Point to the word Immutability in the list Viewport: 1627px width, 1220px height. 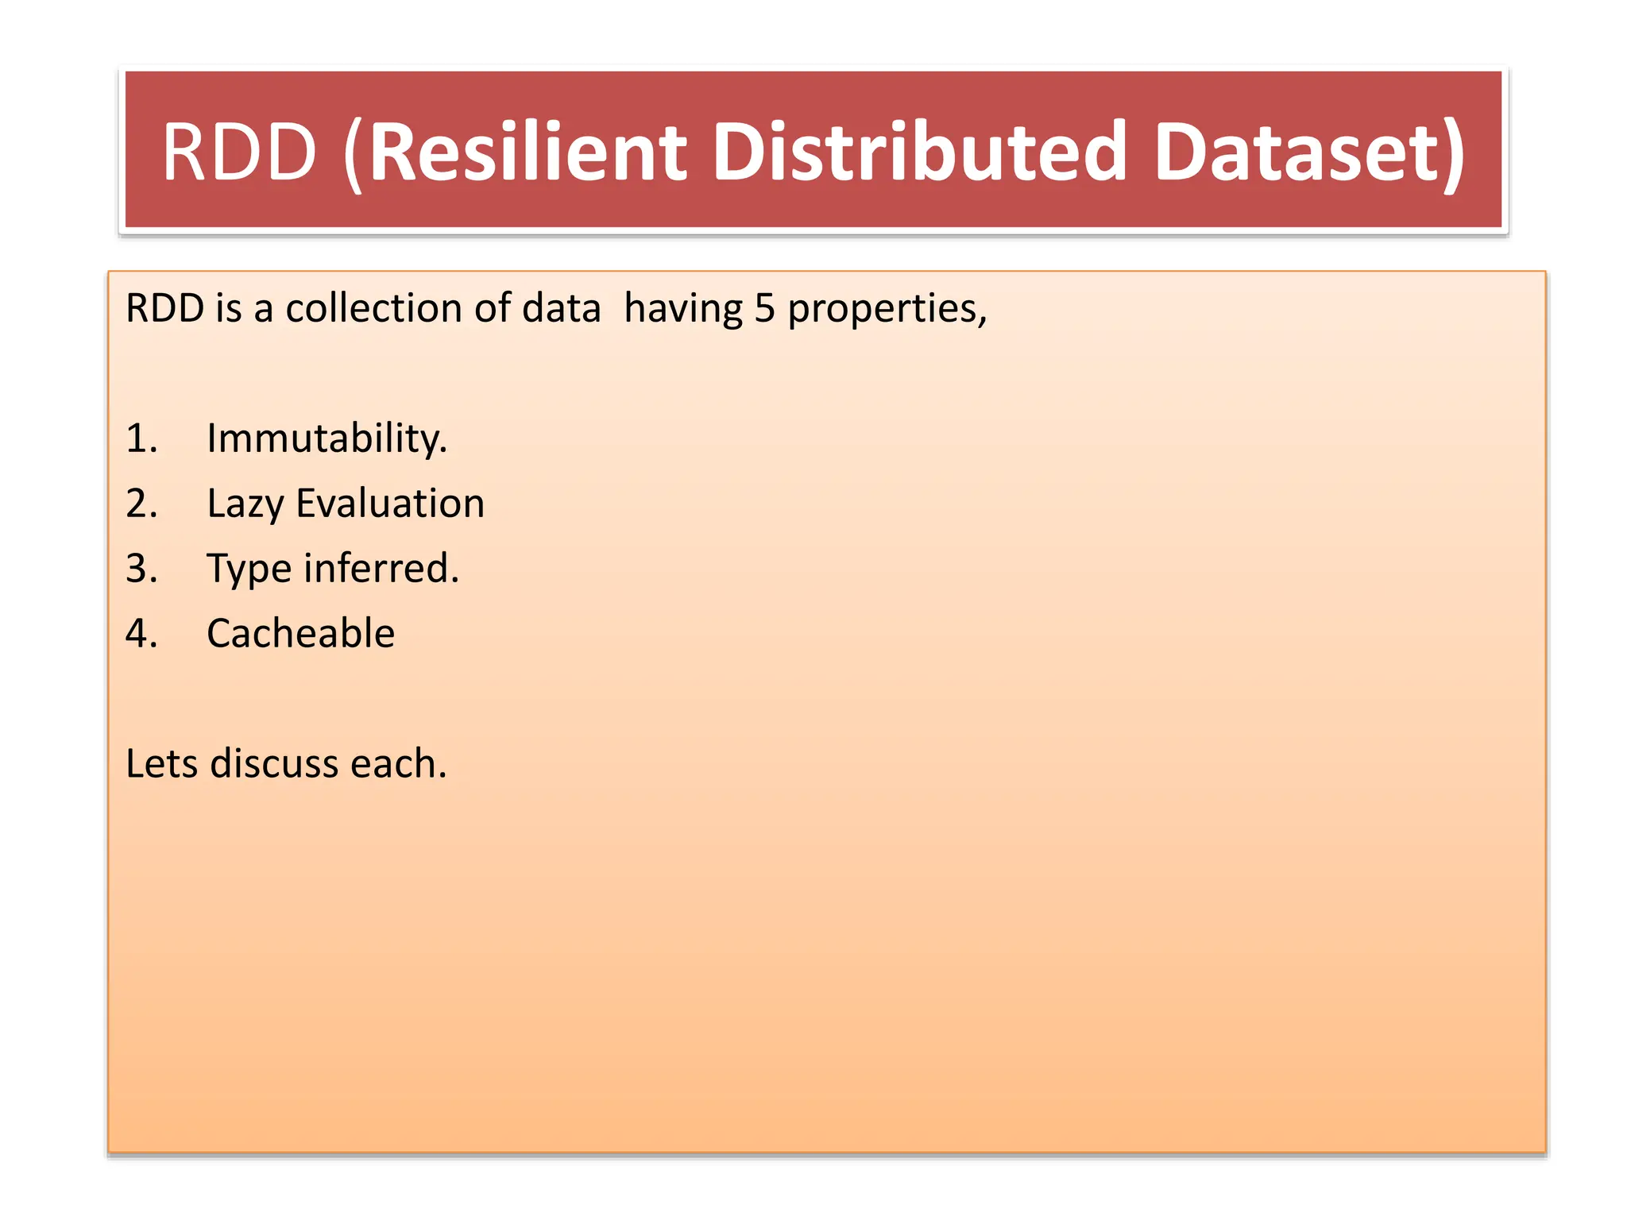pyautogui.click(x=326, y=438)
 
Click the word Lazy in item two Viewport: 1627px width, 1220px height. pyautogui.click(x=245, y=504)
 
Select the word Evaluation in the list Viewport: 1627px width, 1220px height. pyautogui.click(x=390, y=504)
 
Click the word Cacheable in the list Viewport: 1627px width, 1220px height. pyautogui.click(x=300, y=634)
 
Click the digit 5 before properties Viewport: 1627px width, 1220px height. pyautogui.click(x=764, y=308)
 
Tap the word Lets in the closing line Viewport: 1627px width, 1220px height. pyautogui.click(x=162, y=764)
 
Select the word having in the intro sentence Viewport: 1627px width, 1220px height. pyautogui.click(x=683, y=310)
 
